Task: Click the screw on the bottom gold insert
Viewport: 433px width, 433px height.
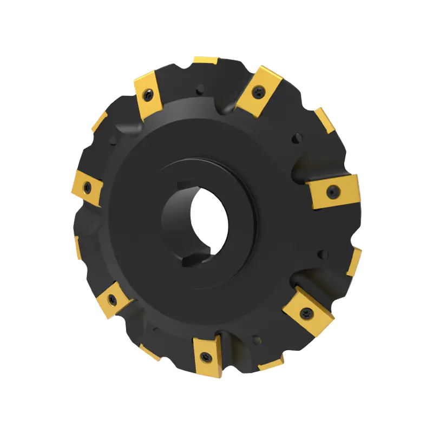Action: pos(207,356)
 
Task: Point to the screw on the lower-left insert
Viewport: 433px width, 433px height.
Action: pos(113,299)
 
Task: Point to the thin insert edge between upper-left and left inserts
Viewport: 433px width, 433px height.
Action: pos(99,122)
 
